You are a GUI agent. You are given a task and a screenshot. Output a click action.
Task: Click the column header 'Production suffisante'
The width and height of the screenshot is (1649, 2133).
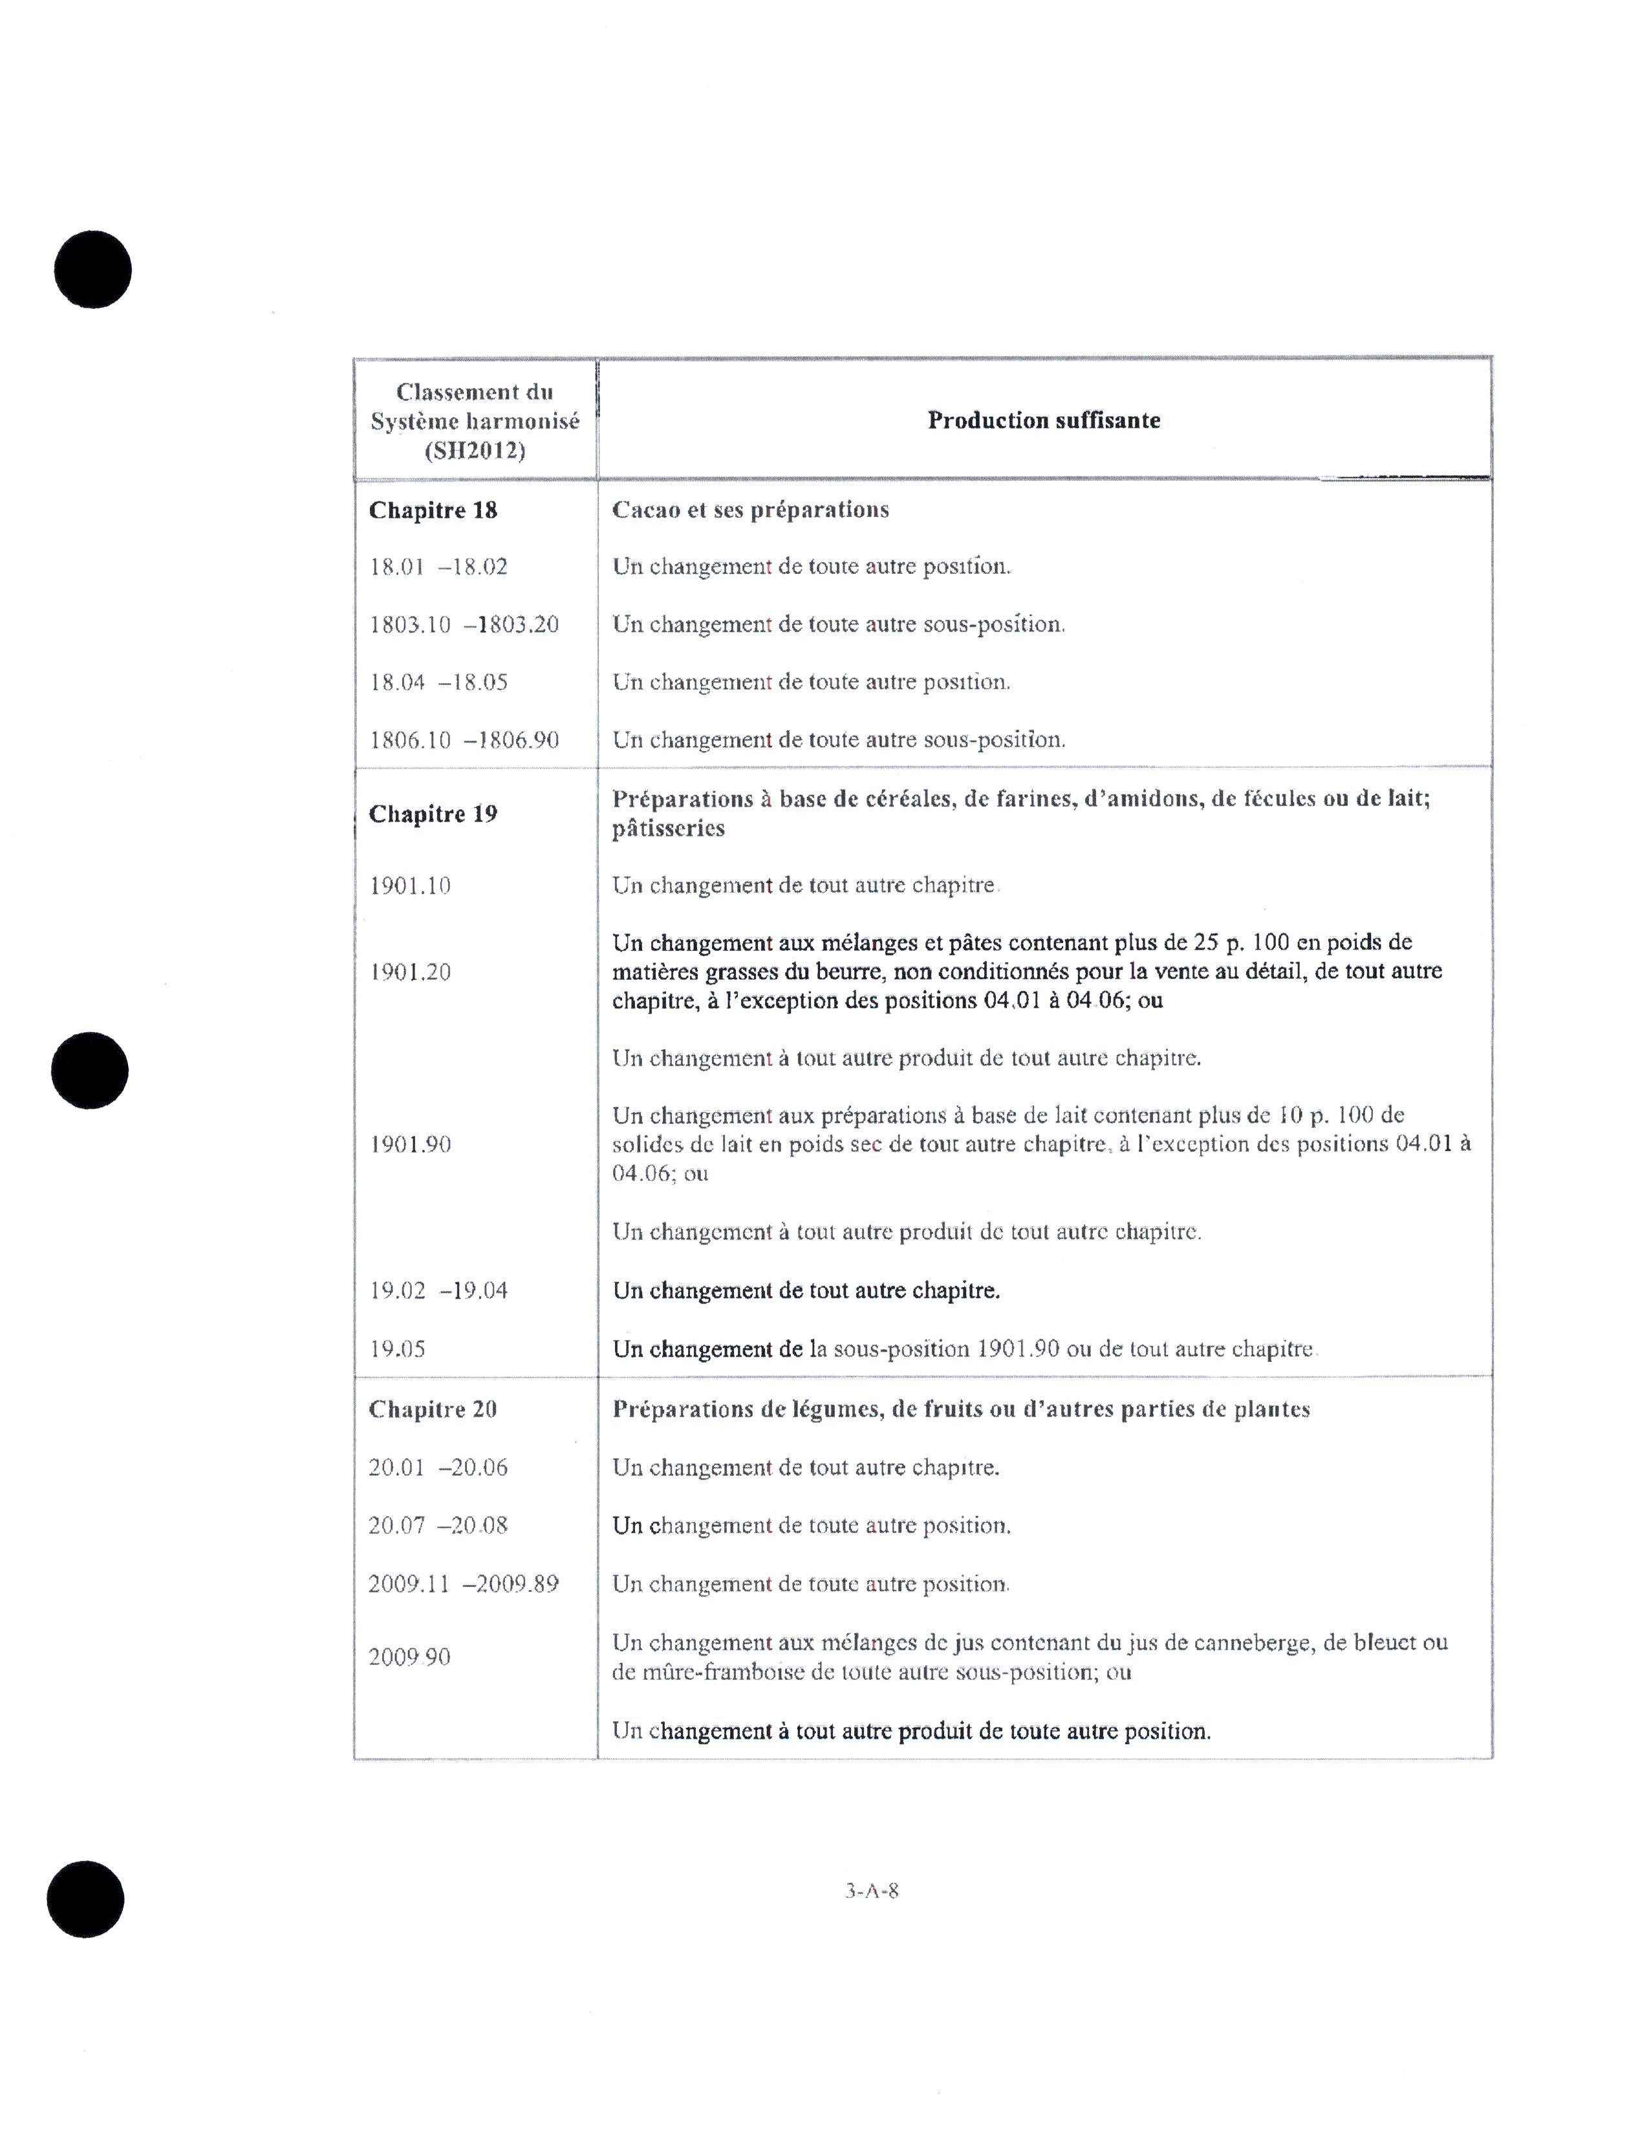[1043, 420]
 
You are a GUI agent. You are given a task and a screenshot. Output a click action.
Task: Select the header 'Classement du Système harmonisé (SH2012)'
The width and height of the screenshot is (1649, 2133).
[475, 421]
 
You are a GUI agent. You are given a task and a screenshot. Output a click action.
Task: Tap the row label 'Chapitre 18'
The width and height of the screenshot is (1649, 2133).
[433, 510]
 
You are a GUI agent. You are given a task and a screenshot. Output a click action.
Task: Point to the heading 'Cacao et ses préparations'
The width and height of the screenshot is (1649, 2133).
[750, 510]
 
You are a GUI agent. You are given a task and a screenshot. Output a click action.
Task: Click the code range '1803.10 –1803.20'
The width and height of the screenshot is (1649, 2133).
[464, 624]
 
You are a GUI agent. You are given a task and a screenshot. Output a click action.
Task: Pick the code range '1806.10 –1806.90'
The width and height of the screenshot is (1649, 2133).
[464, 739]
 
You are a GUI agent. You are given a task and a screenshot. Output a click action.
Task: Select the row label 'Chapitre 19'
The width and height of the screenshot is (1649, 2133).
[433, 814]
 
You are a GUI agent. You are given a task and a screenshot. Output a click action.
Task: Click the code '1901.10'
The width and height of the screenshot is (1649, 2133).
[410, 886]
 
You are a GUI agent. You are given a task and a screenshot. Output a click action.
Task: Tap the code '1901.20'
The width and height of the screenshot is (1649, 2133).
[410, 971]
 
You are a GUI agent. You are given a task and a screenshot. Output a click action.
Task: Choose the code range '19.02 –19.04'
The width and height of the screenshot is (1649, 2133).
[438, 1290]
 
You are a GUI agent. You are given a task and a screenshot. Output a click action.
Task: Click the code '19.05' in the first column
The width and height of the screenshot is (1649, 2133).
[398, 1349]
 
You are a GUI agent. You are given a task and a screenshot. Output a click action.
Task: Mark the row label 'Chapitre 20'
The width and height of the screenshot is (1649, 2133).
[433, 1409]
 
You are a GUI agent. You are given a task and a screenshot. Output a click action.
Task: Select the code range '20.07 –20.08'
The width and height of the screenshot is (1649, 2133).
[438, 1525]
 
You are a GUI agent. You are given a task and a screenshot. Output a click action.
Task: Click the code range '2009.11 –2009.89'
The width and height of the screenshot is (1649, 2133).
[464, 1583]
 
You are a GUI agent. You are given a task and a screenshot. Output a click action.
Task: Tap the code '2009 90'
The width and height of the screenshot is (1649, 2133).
[410, 1657]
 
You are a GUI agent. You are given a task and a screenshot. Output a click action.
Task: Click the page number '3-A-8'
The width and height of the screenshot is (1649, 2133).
[872, 1890]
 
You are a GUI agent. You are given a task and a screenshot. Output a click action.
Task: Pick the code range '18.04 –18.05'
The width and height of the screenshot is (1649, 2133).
[438, 682]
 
